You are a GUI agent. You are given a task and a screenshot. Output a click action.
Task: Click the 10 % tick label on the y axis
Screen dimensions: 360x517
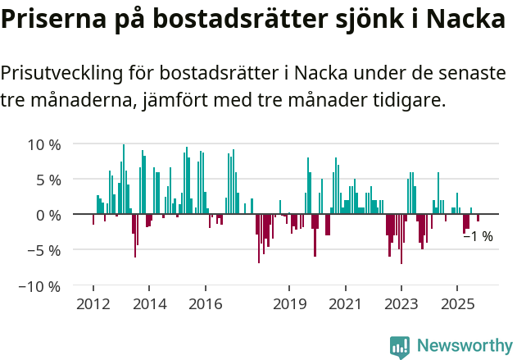tap(44, 144)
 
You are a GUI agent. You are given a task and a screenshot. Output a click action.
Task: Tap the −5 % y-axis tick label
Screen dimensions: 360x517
tap(44, 251)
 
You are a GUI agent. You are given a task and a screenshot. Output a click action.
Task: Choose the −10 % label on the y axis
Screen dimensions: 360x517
tap(40, 287)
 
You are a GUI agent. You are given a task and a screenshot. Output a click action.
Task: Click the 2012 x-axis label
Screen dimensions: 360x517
tap(93, 304)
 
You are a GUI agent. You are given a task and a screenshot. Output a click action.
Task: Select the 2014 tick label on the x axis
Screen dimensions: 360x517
tap(149, 304)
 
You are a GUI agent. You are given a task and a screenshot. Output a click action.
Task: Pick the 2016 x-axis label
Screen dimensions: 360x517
tap(205, 304)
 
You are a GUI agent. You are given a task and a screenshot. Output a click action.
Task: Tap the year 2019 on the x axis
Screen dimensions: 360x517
tap(289, 304)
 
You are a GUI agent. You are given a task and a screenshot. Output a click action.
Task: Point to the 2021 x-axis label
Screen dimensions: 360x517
tap(345, 304)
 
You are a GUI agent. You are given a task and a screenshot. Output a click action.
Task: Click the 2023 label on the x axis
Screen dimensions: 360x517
tap(401, 304)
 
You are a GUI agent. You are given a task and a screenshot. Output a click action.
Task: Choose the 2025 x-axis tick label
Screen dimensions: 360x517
tap(456, 304)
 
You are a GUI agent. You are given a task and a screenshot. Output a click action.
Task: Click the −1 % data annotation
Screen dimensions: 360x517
tap(478, 237)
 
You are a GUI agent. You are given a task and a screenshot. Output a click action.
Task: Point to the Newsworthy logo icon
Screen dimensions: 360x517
tap(400, 346)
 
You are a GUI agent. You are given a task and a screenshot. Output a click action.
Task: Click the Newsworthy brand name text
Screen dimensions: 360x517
tap(465, 346)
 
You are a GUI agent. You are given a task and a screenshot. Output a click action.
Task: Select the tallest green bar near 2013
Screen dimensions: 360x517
tap(124, 179)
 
